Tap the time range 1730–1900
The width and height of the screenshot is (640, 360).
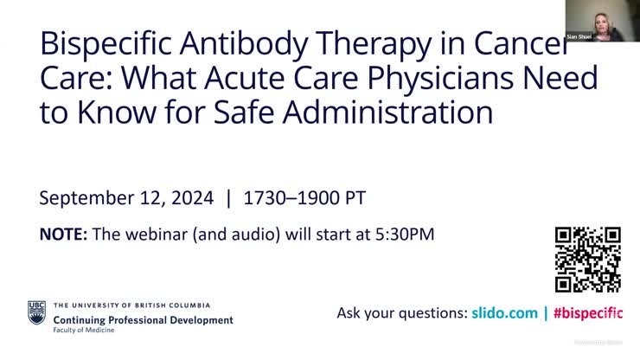click(x=285, y=198)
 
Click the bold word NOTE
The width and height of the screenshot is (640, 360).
click(x=62, y=233)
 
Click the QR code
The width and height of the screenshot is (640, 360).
click(x=588, y=259)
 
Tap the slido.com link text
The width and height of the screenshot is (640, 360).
click(x=504, y=313)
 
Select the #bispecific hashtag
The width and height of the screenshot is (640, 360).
click(x=588, y=313)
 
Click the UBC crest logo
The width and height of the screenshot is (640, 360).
click(x=36, y=312)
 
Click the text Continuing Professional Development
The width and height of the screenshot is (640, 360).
click(x=144, y=319)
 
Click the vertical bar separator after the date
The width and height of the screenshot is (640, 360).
click(x=228, y=198)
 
